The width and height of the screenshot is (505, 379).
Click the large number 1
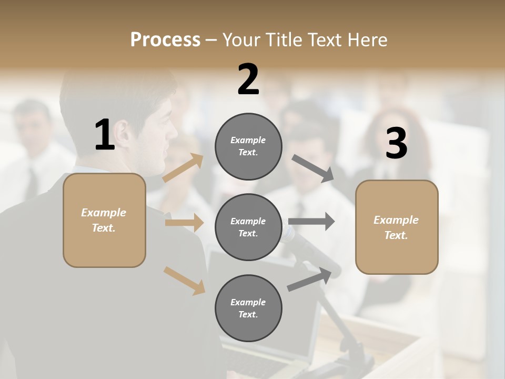coord(105,135)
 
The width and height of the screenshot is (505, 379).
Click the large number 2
coord(248,79)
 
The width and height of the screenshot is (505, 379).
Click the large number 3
coord(396,144)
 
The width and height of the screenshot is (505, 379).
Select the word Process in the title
coord(165,39)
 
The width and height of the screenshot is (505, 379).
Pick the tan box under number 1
coord(104,220)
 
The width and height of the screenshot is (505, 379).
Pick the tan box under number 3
coord(397,227)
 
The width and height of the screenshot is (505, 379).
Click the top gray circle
coord(248,146)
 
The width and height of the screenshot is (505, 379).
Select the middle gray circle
coord(248,227)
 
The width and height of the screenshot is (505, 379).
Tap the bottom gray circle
coord(248,308)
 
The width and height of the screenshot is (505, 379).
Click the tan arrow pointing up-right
coord(183,168)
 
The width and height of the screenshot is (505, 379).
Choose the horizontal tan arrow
coord(184,223)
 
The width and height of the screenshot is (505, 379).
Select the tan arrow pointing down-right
coord(184,280)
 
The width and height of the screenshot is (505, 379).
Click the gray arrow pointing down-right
coord(312,168)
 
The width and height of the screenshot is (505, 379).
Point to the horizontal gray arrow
coord(311,222)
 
